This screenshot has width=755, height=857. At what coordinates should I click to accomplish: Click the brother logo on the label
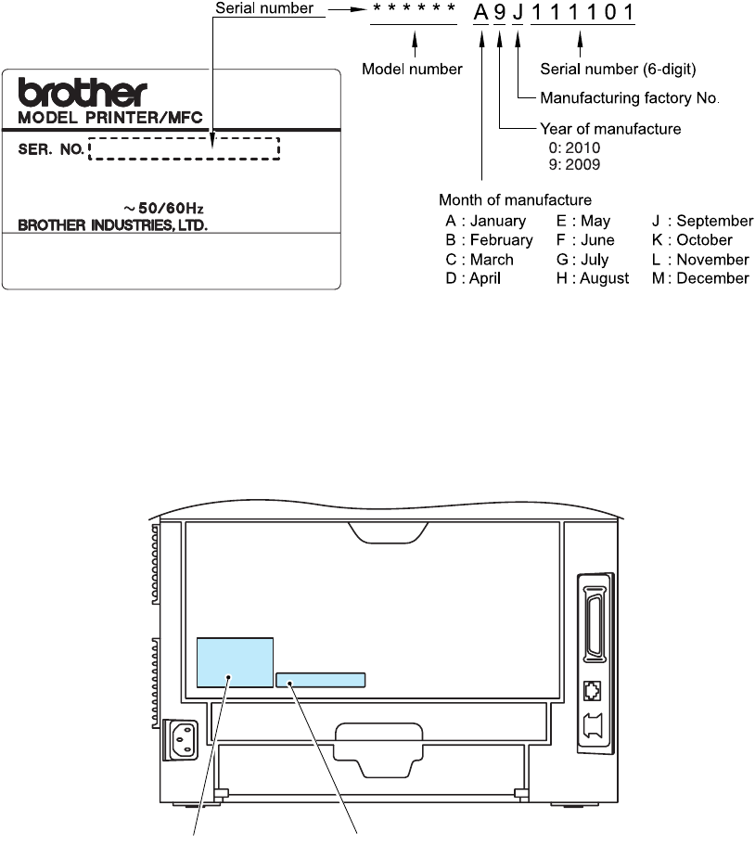pyautogui.click(x=83, y=93)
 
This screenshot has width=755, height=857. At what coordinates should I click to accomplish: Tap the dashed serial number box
pyautogui.click(x=184, y=148)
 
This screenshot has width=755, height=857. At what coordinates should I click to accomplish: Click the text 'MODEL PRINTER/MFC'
pyautogui.click(x=110, y=117)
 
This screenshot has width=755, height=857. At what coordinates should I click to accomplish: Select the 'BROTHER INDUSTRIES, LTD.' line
pyautogui.click(x=113, y=224)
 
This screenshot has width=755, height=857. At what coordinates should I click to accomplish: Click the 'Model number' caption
pyautogui.click(x=412, y=70)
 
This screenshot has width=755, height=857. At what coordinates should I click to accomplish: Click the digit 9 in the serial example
pyautogui.click(x=499, y=12)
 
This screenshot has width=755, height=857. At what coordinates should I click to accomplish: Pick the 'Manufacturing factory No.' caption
pyautogui.click(x=630, y=97)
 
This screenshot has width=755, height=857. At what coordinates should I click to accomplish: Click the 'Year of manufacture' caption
pyautogui.click(x=609, y=129)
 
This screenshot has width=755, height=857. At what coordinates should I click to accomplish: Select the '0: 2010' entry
pyautogui.click(x=575, y=147)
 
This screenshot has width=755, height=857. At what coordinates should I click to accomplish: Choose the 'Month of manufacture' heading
pyautogui.click(x=515, y=199)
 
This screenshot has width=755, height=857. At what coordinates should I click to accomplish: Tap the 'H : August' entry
pyautogui.click(x=593, y=278)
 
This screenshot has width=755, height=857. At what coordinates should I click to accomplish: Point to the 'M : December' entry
pyautogui.click(x=700, y=278)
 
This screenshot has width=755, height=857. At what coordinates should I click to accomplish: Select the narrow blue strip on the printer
pyautogui.click(x=320, y=680)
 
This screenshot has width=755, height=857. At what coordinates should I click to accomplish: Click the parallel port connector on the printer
pyautogui.click(x=594, y=617)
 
